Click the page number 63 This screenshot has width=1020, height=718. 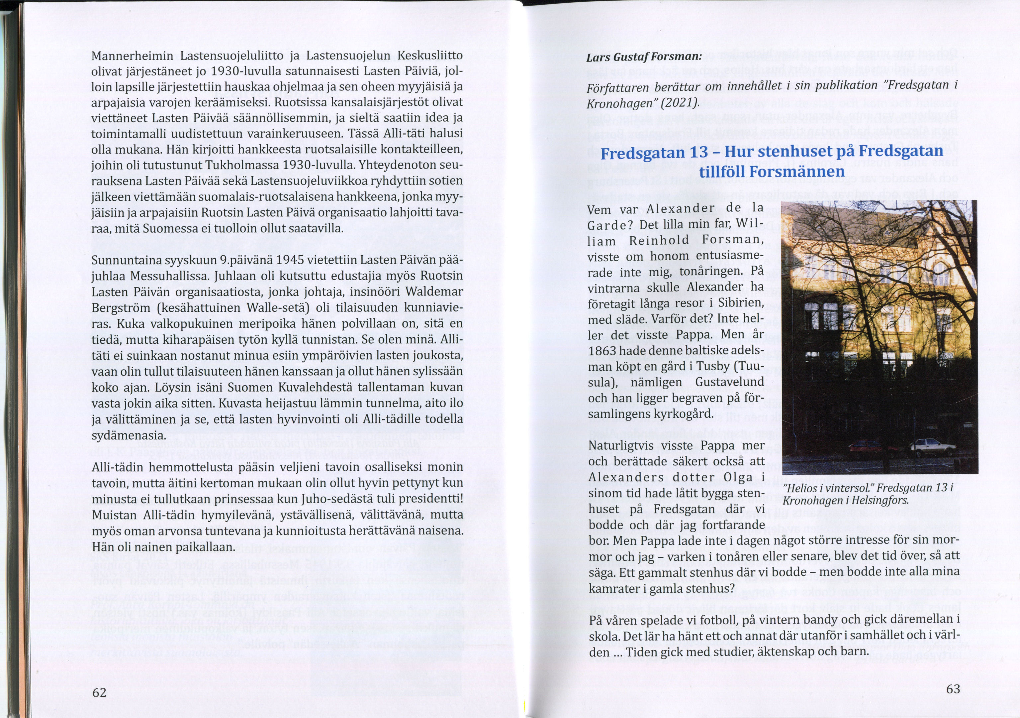click(953, 689)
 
